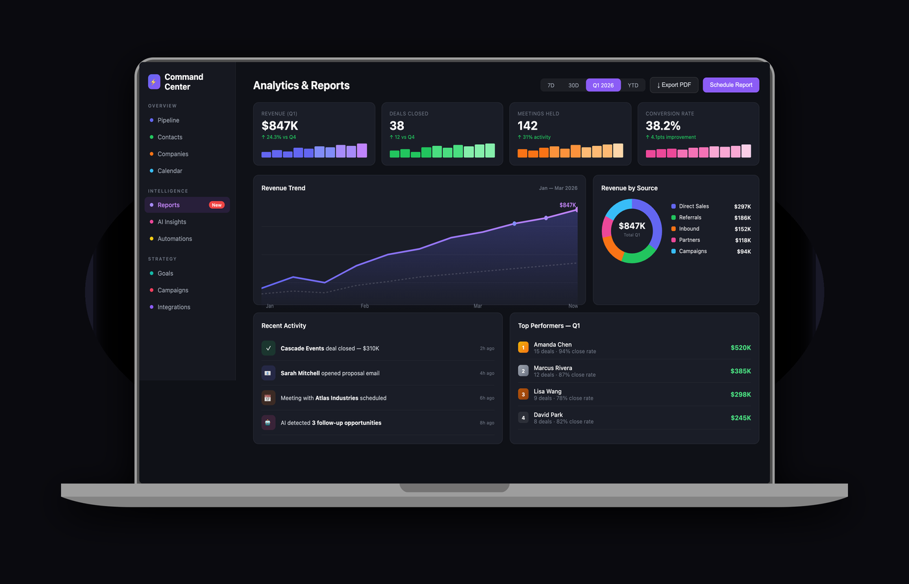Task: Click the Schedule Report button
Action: click(x=730, y=85)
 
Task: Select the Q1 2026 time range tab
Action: click(x=603, y=85)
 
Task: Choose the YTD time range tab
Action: click(x=632, y=85)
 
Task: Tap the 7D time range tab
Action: click(x=551, y=85)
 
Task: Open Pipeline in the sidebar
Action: click(x=168, y=120)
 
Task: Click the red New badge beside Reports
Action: click(x=217, y=205)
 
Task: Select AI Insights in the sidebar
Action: click(x=171, y=222)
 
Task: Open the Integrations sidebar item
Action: click(x=173, y=307)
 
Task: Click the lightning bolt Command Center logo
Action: click(x=154, y=82)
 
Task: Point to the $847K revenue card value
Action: click(x=280, y=126)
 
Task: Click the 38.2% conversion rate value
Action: click(x=663, y=126)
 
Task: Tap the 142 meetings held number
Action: click(x=527, y=126)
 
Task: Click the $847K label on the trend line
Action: click(x=567, y=205)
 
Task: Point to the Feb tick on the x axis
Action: click(x=365, y=306)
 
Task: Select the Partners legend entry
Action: click(x=689, y=240)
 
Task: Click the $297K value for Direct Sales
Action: click(x=742, y=206)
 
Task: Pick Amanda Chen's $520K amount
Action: click(x=740, y=348)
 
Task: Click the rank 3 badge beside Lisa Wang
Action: click(x=523, y=394)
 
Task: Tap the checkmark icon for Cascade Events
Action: click(x=268, y=348)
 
